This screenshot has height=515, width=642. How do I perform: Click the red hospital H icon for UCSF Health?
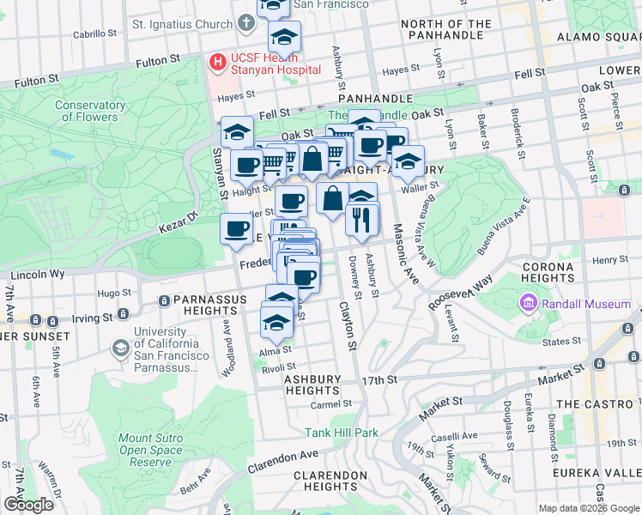pyautogui.click(x=218, y=62)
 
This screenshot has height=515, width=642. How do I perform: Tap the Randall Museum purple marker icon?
pyautogui.click(x=527, y=304)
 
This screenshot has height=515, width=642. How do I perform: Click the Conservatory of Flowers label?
pyautogui.click(x=86, y=111)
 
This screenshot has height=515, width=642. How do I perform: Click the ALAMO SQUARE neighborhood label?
pyautogui.click(x=599, y=37)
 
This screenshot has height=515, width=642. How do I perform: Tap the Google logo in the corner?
pyautogui.click(x=28, y=504)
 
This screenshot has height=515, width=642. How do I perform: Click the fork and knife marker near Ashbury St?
pyautogui.click(x=361, y=219)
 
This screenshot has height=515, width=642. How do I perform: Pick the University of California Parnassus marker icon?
pyautogui.click(x=121, y=348)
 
